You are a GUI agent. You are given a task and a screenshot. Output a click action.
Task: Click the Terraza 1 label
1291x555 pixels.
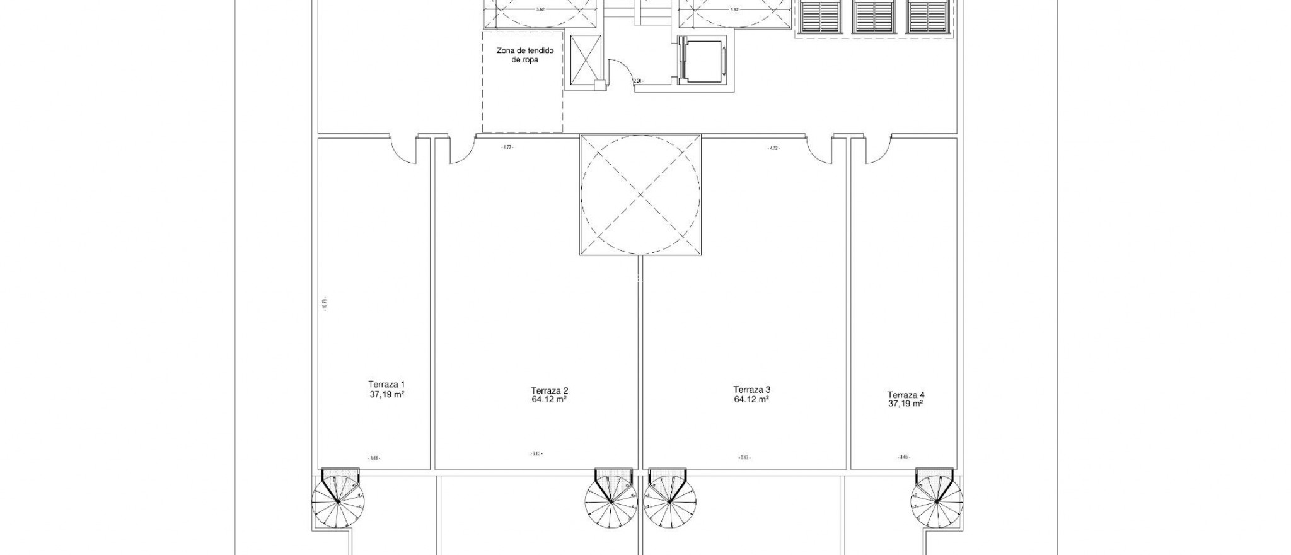click(386, 384)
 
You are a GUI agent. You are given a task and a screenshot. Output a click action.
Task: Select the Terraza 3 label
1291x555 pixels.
click(752, 389)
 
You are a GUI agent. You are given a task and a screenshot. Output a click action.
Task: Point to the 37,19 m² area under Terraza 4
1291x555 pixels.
click(905, 404)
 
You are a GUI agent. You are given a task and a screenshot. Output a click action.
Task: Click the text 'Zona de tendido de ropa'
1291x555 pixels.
click(521, 55)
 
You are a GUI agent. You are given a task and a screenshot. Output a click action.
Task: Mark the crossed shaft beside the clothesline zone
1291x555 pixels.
click(586, 61)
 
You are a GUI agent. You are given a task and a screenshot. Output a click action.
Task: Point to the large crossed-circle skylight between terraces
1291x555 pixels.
click(640, 194)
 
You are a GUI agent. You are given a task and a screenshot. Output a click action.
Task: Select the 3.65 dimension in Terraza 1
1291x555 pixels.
click(373, 459)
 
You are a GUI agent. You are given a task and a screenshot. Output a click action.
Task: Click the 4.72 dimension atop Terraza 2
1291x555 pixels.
click(507, 148)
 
